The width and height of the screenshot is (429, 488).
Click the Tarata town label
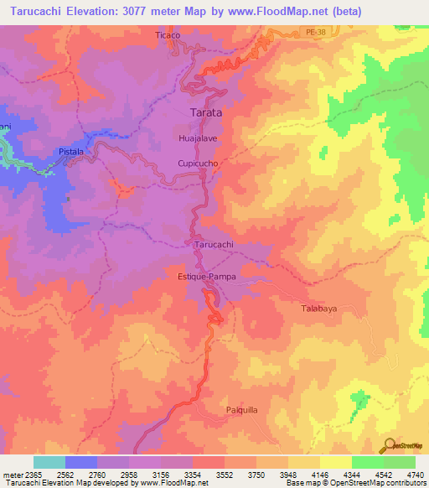(x=204, y=112)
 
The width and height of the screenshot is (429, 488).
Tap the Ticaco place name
(x=168, y=36)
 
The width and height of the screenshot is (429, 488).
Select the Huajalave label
(x=198, y=137)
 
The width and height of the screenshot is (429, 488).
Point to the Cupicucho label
(x=199, y=164)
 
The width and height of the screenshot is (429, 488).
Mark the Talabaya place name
(x=319, y=309)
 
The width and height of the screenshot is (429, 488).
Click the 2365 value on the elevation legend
(x=28, y=475)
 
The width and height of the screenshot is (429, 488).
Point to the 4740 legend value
(x=415, y=475)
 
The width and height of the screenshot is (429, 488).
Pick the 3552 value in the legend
(x=224, y=475)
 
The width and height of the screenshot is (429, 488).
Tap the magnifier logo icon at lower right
(x=387, y=445)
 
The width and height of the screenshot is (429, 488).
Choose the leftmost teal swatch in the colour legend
(x=49, y=462)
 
